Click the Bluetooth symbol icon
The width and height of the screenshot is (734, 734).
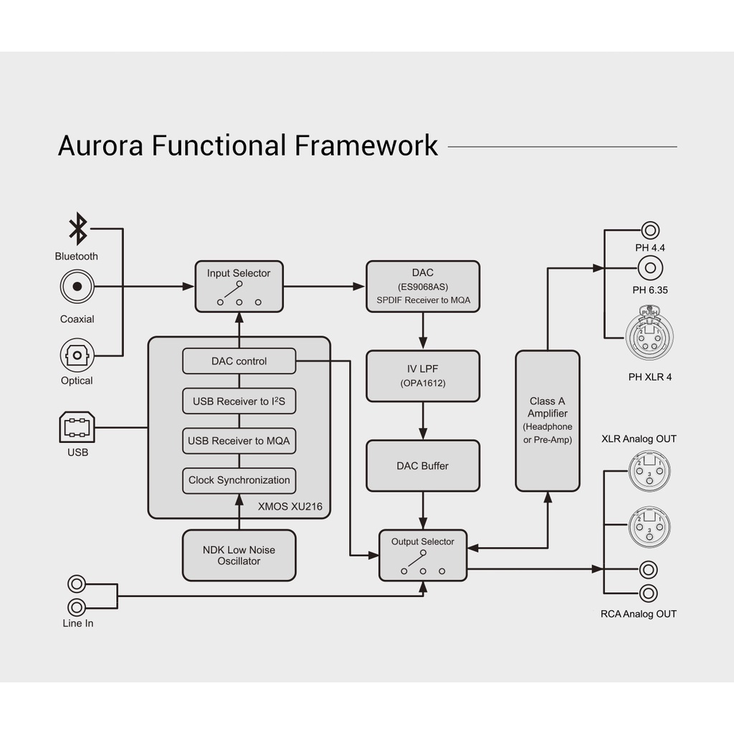pyautogui.click(x=77, y=229)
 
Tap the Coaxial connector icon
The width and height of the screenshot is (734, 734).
pyautogui.click(x=77, y=287)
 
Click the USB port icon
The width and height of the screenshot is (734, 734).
pyautogui.click(x=77, y=428)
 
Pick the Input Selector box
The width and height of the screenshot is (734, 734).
pyautogui.click(x=239, y=286)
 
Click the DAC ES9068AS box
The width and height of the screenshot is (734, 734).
pyautogui.click(x=423, y=286)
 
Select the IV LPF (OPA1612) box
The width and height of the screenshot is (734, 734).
pyautogui.click(x=423, y=376)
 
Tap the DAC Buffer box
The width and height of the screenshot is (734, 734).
pyautogui.click(x=423, y=466)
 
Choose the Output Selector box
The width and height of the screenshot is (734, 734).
pyautogui.click(x=423, y=555)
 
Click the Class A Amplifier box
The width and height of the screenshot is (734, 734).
pyautogui.click(x=548, y=421)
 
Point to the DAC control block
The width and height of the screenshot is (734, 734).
pyautogui.click(x=239, y=361)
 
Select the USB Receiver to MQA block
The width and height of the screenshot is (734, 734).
pyautogui.click(x=239, y=441)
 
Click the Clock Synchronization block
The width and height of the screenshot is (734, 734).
pyautogui.click(x=239, y=480)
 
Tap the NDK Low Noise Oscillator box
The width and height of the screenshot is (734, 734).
pyautogui.click(x=239, y=556)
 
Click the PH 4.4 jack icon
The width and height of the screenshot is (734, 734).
pyautogui.click(x=650, y=231)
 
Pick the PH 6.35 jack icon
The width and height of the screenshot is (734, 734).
pyautogui.click(x=650, y=269)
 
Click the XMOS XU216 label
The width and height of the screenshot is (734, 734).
pyautogui.click(x=290, y=507)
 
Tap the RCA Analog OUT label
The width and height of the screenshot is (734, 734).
pyautogui.click(x=638, y=614)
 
